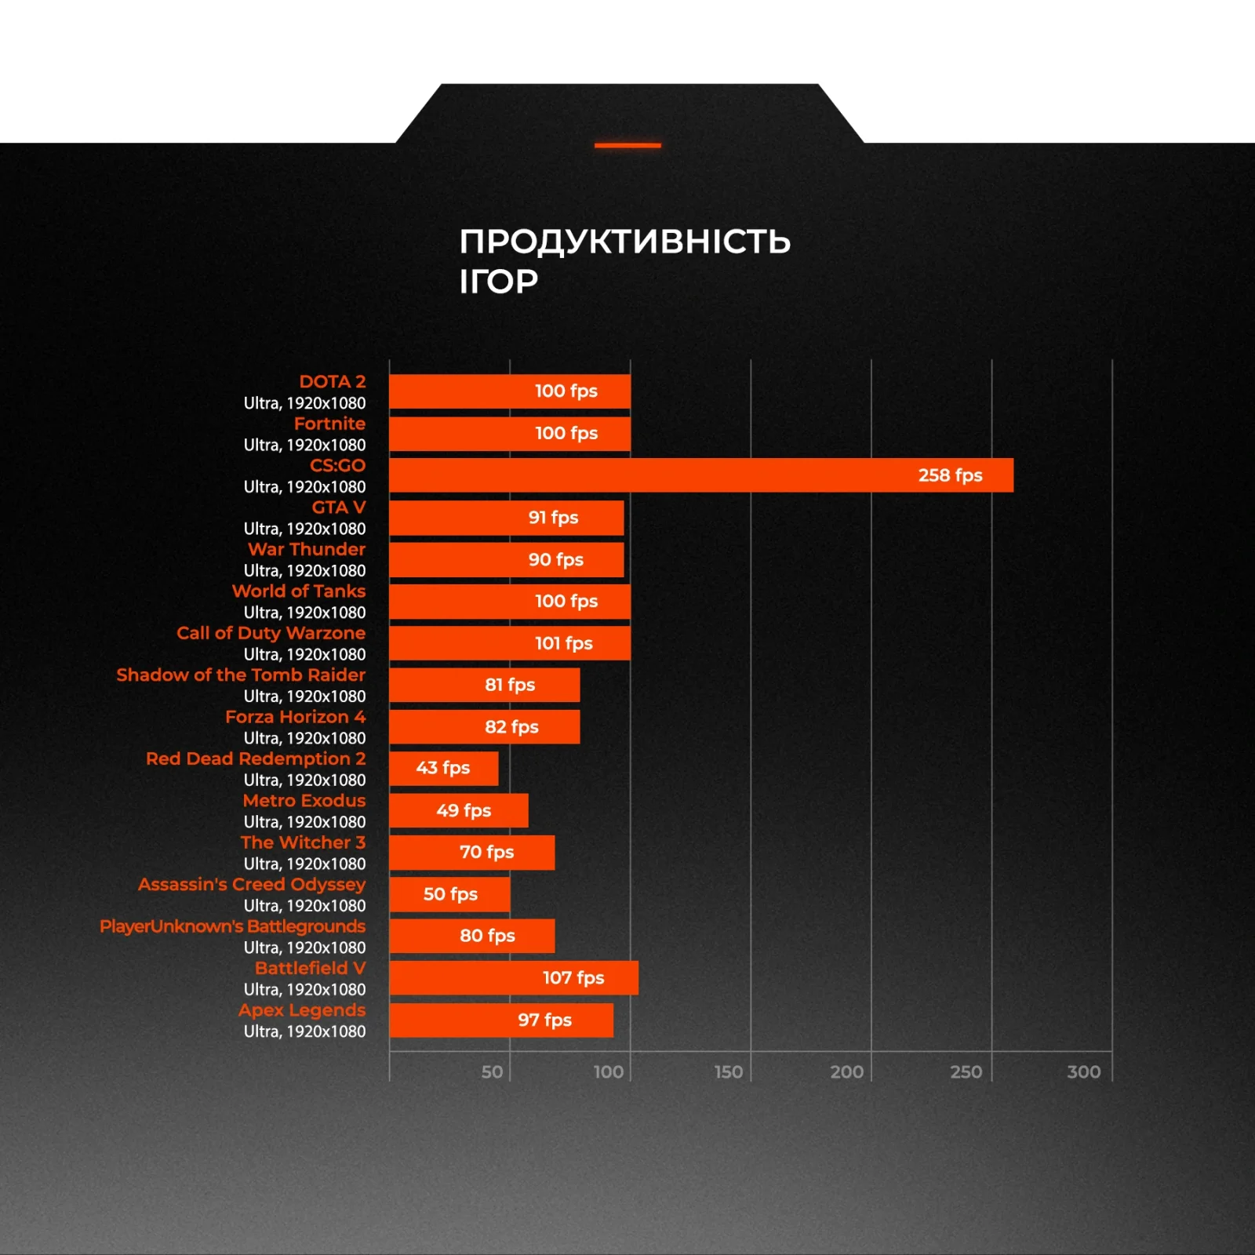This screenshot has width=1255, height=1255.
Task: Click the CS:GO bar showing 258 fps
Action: (x=700, y=475)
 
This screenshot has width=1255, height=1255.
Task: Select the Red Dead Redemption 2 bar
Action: (x=443, y=769)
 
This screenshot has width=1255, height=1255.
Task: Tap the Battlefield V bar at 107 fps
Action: (x=513, y=978)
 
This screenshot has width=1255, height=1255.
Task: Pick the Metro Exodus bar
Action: (x=458, y=810)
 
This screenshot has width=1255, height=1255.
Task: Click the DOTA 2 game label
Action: (x=332, y=382)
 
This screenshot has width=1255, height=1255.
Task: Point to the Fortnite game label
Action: (x=329, y=424)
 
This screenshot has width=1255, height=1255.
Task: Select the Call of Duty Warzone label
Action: (x=271, y=633)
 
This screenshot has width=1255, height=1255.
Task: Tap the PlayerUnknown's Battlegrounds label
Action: (x=232, y=926)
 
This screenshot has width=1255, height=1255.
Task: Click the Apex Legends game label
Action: (x=302, y=1010)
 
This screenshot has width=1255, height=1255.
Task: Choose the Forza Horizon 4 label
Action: (x=295, y=717)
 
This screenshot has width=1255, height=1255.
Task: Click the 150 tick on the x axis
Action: (x=728, y=1071)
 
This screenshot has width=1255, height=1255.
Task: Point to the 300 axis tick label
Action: (x=1083, y=1071)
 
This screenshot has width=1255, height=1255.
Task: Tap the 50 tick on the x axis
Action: (x=492, y=1071)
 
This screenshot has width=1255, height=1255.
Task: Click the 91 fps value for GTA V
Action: (x=553, y=518)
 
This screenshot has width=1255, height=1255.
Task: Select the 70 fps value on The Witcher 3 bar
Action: (x=486, y=852)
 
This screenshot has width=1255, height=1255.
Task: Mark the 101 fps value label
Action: (x=563, y=643)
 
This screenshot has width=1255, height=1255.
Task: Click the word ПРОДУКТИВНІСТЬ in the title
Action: (x=624, y=242)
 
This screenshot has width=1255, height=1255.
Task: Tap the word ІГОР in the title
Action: (x=499, y=282)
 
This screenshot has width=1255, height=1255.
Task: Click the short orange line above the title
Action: (x=627, y=145)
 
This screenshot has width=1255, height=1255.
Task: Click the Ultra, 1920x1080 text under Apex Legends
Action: (x=304, y=1031)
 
